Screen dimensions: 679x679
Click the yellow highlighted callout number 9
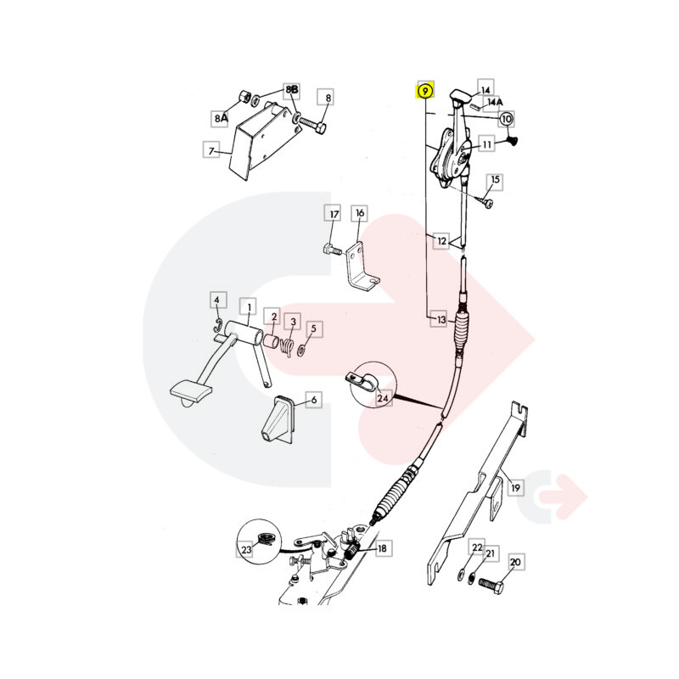pos(425,91)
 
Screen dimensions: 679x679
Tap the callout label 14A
pos(495,102)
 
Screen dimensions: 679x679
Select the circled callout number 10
pos(506,118)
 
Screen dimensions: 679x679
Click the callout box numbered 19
pos(515,487)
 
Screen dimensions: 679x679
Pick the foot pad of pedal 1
pos(191,391)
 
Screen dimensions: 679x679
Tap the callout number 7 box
pos(211,151)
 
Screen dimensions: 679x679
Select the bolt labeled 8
pos(311,126)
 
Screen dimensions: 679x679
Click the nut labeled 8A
pos(244,97)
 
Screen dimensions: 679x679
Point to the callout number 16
pos(360,213)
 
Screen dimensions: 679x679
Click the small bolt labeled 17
pos(333,250)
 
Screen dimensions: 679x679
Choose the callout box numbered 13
pos(441,320)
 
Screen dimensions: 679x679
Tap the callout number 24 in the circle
pos(383,397)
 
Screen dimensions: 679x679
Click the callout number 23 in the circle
pos(246,549)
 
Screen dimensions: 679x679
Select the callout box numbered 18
pos(382,548)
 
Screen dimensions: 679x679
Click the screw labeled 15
pos(484,200)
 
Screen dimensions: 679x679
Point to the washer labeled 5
pos(301,350)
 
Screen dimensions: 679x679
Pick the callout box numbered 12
pos(441,240)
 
